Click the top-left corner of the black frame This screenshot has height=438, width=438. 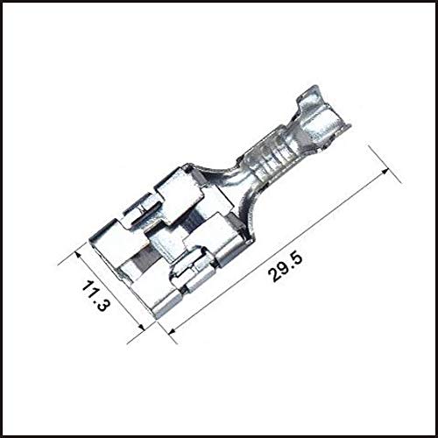tap(3, 3)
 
